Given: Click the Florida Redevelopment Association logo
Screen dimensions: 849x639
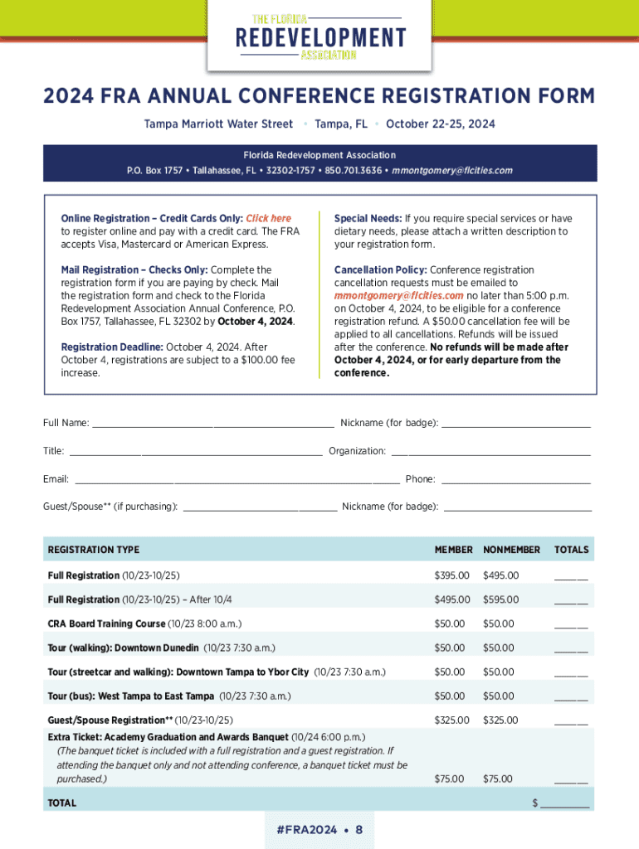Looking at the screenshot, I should (x=320, y=37).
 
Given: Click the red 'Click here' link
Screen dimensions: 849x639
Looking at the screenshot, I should (x=268, y=219).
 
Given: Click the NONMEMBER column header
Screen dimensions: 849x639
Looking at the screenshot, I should (x=511, y=550).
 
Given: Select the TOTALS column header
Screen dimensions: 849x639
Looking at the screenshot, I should (x=571, y=550).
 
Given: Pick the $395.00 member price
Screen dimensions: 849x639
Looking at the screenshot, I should (x=452, y=575).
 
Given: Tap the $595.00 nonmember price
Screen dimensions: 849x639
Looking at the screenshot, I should (x=500, y=599).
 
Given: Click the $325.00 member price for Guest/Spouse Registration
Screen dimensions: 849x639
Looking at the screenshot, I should (x=452, y=720).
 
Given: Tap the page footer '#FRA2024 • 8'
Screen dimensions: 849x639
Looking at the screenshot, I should (x=319, y=830).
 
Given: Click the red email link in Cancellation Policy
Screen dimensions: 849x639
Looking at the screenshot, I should (x=398, y=295).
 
